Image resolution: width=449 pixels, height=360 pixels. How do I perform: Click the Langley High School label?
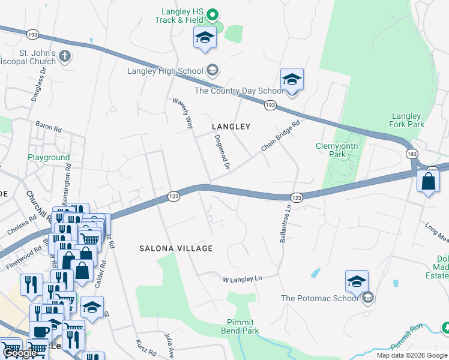[165, 71]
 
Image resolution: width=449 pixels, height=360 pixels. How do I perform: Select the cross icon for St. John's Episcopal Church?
[65, 57]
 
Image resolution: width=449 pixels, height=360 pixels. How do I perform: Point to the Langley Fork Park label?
[408, 120]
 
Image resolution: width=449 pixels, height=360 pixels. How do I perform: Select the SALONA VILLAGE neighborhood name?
[176, 248]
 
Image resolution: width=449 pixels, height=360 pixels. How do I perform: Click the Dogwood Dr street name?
[222, 151]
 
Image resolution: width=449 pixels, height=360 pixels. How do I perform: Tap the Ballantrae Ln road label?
[285, 224]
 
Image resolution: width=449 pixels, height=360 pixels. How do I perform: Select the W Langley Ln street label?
[243, 279]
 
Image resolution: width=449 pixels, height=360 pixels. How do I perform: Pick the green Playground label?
[49, 158]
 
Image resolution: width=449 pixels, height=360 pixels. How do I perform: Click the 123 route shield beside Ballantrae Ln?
[296, 197]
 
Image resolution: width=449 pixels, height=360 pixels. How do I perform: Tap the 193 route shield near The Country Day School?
[270, 106]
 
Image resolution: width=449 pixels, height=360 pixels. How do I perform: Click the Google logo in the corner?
[20, 353]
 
